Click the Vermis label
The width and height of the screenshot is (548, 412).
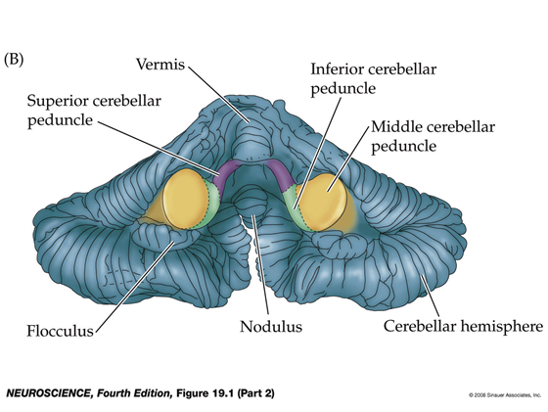(x=160, y=64)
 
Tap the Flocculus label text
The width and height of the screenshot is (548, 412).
(x=60, y=331)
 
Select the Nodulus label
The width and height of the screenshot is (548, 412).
(x=271, y=327)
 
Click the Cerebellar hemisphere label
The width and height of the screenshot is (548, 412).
(x=464, y=327)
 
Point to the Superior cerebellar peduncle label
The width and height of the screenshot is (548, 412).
(x=94, y=111)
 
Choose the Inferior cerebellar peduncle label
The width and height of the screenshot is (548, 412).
(x=374, y=79)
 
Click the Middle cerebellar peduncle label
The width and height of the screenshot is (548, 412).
(x=433, y=136)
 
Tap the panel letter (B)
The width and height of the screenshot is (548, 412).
(x=14, y=59)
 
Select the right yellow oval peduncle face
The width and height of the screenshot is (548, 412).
(x=322, y=203)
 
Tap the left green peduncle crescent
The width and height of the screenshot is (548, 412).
(x=212, y=206)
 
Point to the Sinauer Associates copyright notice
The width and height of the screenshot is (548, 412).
(x=505, y=395)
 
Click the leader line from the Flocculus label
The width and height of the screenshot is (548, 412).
(x=135, y=285)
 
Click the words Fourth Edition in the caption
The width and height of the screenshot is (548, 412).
(x=134, y=393)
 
